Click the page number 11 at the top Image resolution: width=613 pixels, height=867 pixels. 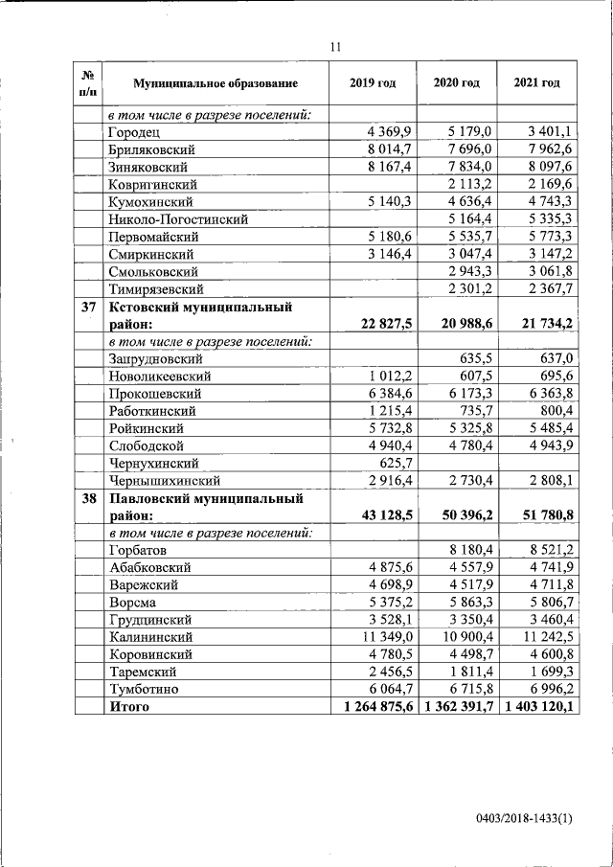coord(335,45)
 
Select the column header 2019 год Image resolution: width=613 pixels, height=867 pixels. coord(373,84)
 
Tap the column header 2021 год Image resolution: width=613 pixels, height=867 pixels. coord(536,84)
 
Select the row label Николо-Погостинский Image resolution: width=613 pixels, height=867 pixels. coord(170,219)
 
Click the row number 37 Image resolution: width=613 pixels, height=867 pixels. coord(87,307)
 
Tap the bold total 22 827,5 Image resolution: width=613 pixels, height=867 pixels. coord(380,325)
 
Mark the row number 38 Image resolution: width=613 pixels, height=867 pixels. coord(87,498)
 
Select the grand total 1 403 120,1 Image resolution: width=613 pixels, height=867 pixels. coord(536,707)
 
